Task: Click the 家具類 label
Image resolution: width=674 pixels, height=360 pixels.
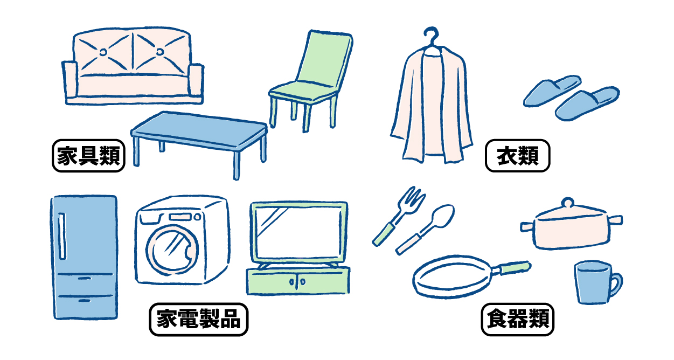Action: coord(88,156)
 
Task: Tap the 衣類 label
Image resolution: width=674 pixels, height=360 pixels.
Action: coord(518,156)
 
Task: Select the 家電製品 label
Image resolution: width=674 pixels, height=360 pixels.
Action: coord(198,320)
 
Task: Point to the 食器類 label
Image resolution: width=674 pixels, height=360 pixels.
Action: coord(518,320)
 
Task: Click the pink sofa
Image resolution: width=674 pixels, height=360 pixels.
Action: coord(133,81)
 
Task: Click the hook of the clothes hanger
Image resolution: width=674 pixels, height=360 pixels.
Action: coord(430,35)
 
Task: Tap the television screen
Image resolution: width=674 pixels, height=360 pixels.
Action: coord(298,232)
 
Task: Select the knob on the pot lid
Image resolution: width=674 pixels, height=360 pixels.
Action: coord(566,204)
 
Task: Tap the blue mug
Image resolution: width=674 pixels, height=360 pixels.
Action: coord(592,283)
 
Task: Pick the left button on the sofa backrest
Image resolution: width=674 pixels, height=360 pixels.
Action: coord(103,52)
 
